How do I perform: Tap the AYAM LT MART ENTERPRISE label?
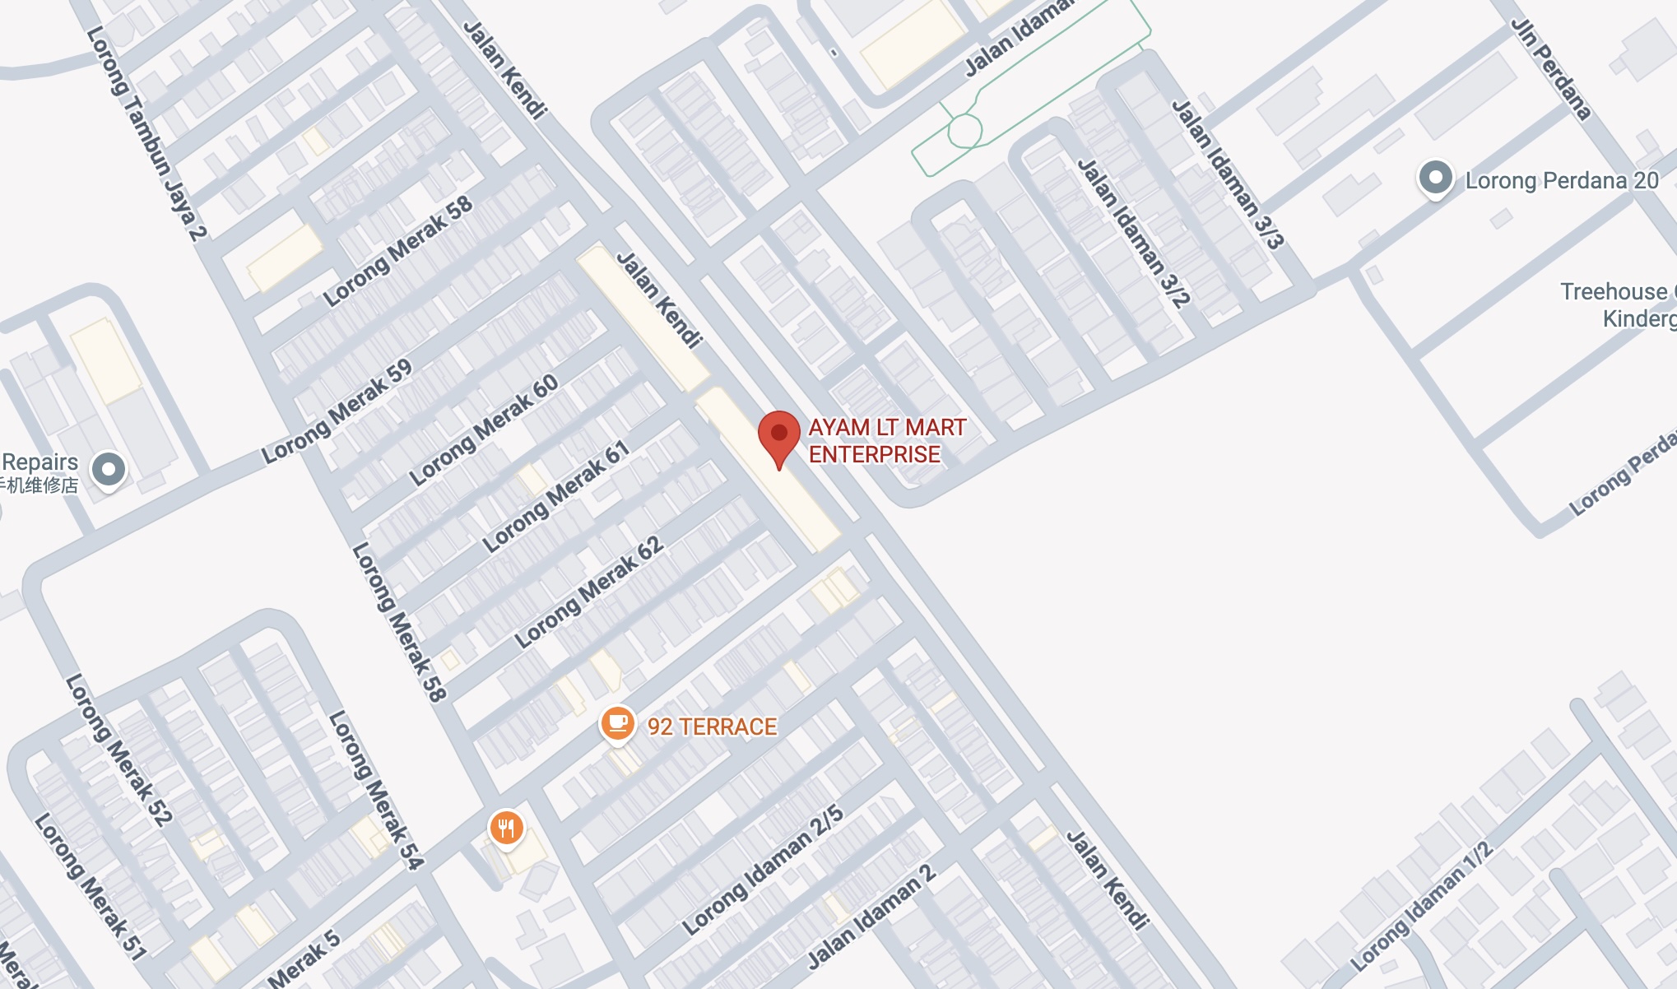click(886, 441)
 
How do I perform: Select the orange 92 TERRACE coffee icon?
click(617, 724)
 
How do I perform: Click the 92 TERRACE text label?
click(712, 727)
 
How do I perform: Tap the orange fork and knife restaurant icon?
click(507, 827)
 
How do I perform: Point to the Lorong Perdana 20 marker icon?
click(1436, 178)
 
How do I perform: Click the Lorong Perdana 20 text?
click(1562, 181)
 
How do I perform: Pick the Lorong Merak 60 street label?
click(484, 429)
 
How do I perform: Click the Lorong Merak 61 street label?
click(556, 496)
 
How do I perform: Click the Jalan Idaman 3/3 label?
click(1227, 174)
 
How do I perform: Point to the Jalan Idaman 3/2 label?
click(1133, 234)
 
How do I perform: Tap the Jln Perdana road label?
click(1551, 70)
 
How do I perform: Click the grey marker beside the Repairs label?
click(108, 470)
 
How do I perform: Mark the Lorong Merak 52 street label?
click(118, 750)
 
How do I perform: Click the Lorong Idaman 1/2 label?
click(1420, 906)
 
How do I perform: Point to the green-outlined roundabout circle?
click(964, 131)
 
